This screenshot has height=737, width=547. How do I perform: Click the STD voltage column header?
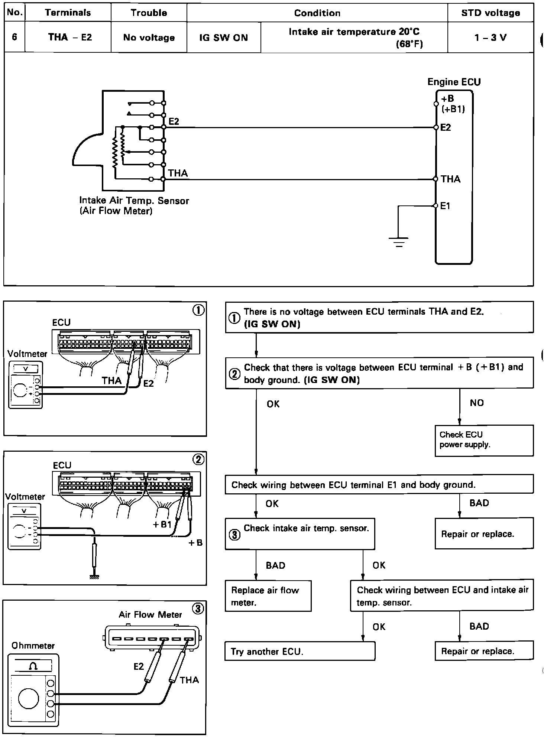(x=490, y=13)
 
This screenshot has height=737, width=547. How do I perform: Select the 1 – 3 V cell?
(x=490, y=38)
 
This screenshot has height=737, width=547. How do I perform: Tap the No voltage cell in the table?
(x=149, y=38)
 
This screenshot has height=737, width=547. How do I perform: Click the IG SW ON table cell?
(x=223, y=38)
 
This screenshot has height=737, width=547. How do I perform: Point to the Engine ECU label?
(x=454, y=82)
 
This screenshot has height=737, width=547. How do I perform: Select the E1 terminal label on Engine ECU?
(x=445, y=206)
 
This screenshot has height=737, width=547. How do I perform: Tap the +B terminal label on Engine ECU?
(x=447, y=99)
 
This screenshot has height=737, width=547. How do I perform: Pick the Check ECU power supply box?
(x=484, y=440)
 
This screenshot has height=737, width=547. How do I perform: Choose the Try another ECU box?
(x=300, y=651)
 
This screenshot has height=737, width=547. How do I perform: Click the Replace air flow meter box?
(x=268, y=596)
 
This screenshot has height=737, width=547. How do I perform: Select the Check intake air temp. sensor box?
(x=300, y=533)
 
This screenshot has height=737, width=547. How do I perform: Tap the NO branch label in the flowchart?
(x=476, y=403)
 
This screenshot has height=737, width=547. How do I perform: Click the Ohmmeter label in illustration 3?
(x=33, y=646)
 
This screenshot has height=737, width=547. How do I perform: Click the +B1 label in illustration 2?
(x=162, y=525)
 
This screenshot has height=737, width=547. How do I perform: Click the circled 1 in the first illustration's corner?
(x=198, y=310)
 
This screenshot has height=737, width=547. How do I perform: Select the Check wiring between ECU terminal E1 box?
(x=379, y=485)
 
